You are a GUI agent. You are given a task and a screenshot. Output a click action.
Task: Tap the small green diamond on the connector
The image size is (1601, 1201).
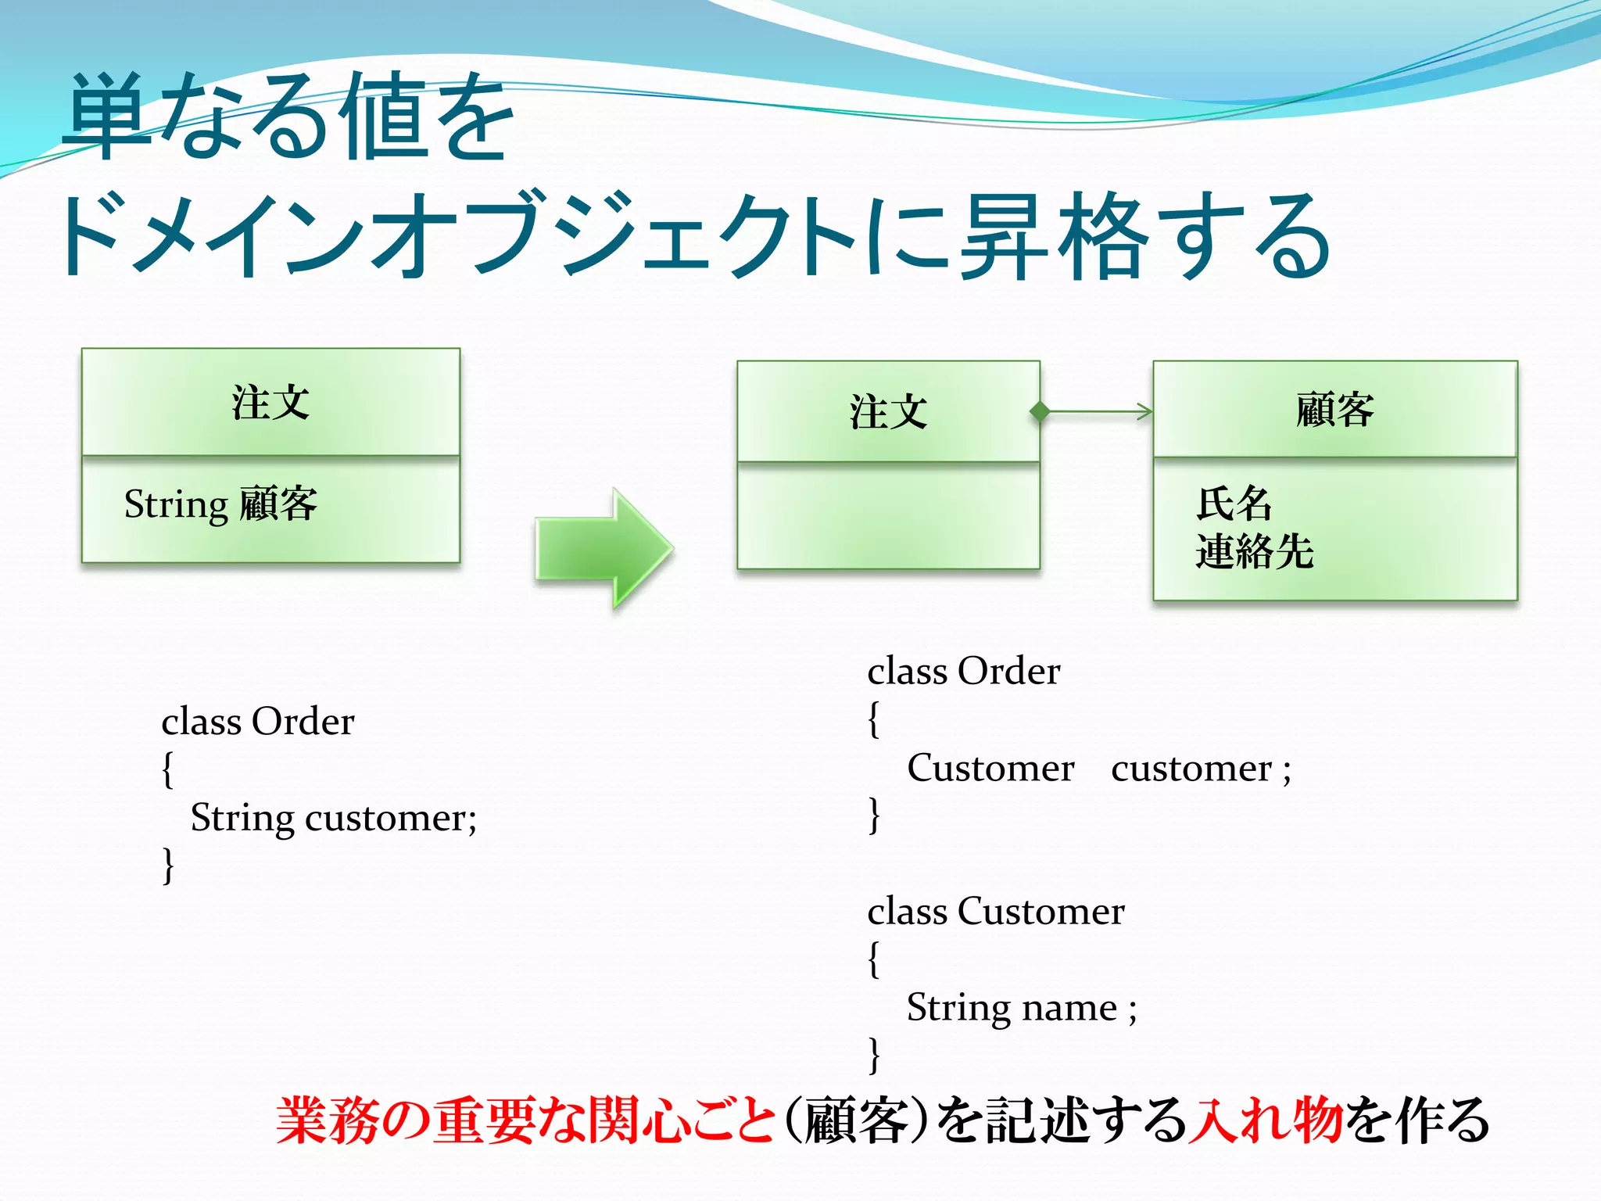point(1040,411)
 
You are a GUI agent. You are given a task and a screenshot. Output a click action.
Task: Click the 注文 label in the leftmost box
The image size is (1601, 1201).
point(270,403)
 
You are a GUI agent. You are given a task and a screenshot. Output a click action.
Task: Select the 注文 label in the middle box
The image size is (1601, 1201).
point(888,412)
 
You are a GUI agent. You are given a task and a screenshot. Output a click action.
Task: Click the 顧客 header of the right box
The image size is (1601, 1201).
point(1334,410)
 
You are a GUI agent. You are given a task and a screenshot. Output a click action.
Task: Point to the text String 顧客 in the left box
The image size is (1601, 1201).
point(220,504)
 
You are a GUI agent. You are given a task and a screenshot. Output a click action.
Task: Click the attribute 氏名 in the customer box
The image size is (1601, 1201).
point(1234,503)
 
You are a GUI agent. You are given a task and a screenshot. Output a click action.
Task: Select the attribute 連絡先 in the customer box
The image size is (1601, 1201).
point(1254,551)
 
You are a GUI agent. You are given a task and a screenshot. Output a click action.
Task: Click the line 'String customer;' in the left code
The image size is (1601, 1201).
point(333,819)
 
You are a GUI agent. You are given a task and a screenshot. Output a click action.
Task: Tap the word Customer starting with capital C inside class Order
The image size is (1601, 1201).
point(990,769)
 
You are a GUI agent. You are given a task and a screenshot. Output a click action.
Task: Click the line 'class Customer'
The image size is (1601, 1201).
point(995,912)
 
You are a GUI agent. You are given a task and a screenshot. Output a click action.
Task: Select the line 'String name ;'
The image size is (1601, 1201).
point(1021,1008)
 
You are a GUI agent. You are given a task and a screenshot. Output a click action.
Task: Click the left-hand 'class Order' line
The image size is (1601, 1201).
point(257,721)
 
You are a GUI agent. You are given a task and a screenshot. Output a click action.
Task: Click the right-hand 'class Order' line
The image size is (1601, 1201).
point(963,672)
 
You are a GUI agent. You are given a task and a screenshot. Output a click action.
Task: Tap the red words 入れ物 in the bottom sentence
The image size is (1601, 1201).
point(1264,1120)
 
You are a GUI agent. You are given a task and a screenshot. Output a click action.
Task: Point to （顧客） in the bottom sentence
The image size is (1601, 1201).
point(855,1120)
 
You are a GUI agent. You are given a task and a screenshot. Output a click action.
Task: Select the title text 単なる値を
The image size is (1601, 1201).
point(289,117)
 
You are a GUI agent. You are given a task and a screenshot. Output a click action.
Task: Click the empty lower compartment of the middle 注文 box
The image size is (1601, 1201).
point(888,516)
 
